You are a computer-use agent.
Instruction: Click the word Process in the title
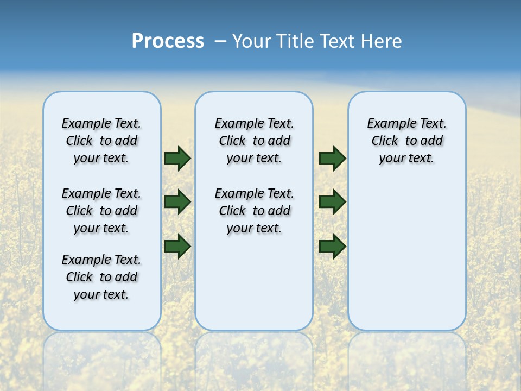click(x=168, y=41)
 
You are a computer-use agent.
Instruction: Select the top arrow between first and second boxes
click(x=177, y=159)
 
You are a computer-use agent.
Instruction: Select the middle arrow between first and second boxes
click(x=177, y=203)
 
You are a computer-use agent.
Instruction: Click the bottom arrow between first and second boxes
click(x=177, y=247)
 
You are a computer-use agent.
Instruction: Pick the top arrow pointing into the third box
click(x=332, y=159)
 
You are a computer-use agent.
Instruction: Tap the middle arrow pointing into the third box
click(x=332, y=203)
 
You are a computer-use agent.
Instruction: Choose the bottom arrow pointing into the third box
click(x=332, y=247)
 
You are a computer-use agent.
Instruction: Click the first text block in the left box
click(x=101, y=141)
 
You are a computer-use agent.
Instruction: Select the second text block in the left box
click(x=101, y=211)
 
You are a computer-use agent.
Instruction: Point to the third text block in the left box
click(x=101, y=277)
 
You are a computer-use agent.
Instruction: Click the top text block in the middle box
click(x=255, y=141)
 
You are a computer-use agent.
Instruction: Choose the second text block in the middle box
click(x=255, y=211)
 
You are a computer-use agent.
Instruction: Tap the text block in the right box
click(x=407, y=141)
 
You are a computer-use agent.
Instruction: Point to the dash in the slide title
click(x=220, y=41)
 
